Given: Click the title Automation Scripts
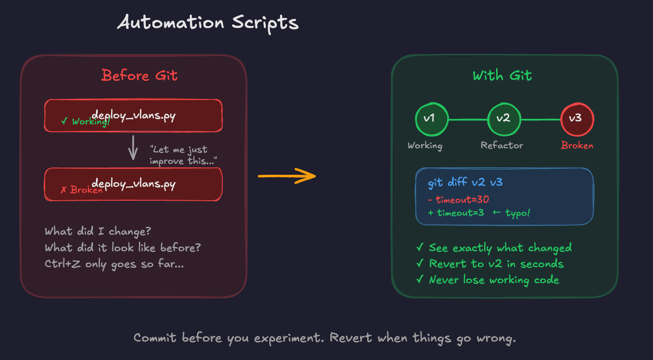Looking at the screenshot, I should [207, 23].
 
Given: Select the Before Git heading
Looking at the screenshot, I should [139, 75].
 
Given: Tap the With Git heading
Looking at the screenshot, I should [502, 76].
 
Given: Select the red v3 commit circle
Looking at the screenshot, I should [577, 119].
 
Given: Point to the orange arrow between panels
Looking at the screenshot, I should [287, 176].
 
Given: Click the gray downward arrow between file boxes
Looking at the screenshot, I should [133, 148].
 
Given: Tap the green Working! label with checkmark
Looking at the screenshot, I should [85, 121].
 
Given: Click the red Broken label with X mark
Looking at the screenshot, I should [82, 190].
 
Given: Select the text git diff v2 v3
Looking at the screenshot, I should [465, 183].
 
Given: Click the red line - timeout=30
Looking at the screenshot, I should [458, 200].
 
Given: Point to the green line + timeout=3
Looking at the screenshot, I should [456, 213].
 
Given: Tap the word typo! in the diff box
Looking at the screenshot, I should [518, 213].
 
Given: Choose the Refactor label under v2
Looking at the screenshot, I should [502, 146].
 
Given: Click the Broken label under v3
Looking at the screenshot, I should [577, 146].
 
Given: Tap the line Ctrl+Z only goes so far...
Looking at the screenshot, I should [114, 264].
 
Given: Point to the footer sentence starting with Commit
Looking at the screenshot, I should [325, 338].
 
